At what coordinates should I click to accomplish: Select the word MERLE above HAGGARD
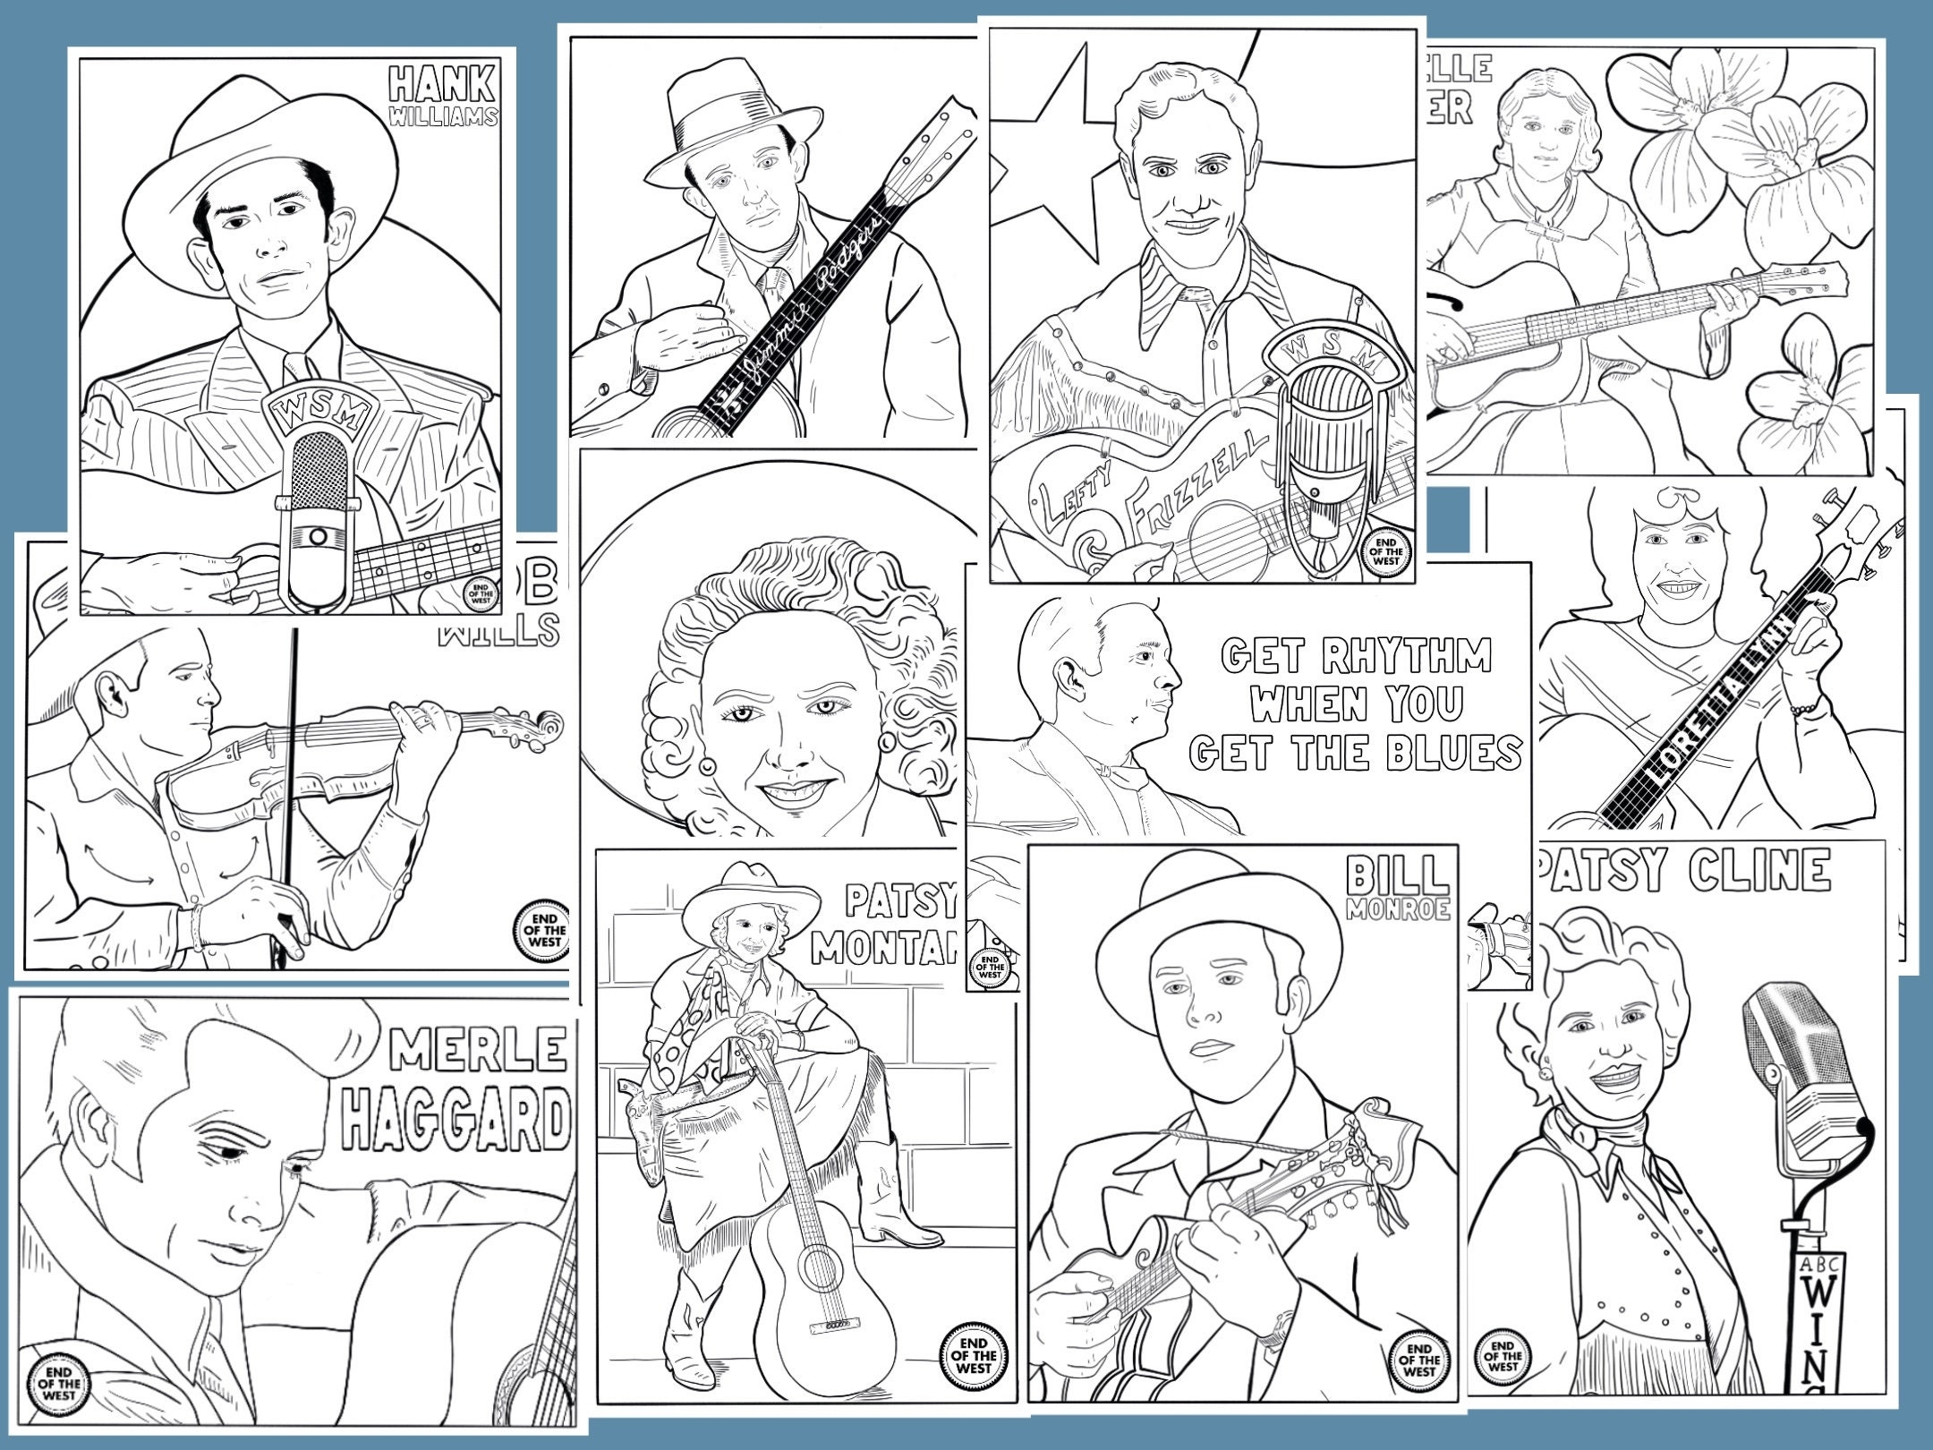[479, 1047]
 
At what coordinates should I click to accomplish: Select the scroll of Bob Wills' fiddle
[540, 727]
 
